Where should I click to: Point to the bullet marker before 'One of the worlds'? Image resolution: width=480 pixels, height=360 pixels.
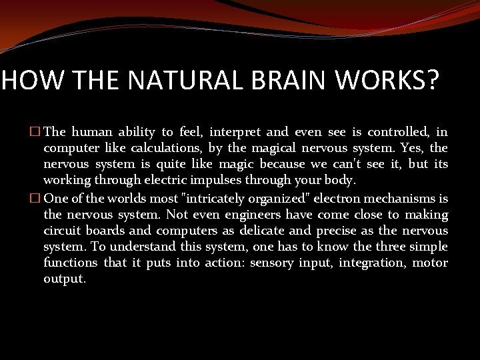(36, 198)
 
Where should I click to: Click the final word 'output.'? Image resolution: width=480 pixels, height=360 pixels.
(65, 279)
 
